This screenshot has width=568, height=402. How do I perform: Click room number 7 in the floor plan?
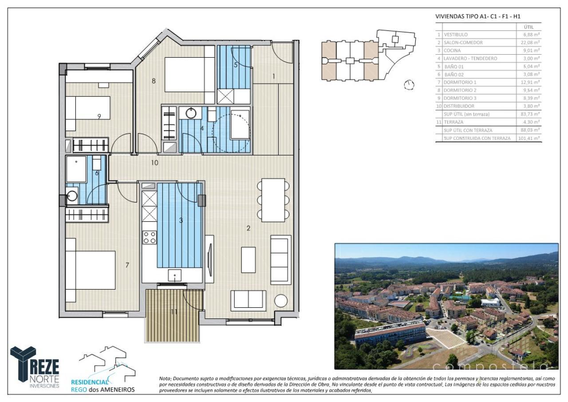(x=127, y=265)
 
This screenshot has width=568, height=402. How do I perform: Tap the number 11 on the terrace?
(x=174, y=312)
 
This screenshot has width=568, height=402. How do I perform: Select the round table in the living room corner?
(x=281, y=301)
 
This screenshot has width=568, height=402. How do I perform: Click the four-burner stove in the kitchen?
(x=150, y=238)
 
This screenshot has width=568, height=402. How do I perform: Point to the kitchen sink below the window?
(x=175, y=275)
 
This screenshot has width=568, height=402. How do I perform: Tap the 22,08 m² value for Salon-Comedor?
(x=531, y=43)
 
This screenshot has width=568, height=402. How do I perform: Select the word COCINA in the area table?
(x=452, y=51)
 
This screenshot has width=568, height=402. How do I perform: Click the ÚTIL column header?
(x=529, y=27)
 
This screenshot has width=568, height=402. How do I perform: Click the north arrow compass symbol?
(x=410, y=84)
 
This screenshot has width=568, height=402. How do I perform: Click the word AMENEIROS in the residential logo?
(x=116, y=390)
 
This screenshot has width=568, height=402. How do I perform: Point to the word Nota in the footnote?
(x=165, y=378)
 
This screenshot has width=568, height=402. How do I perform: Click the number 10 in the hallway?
(x=154, y=163)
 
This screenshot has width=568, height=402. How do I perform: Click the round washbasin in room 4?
(x=191, y=113)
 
